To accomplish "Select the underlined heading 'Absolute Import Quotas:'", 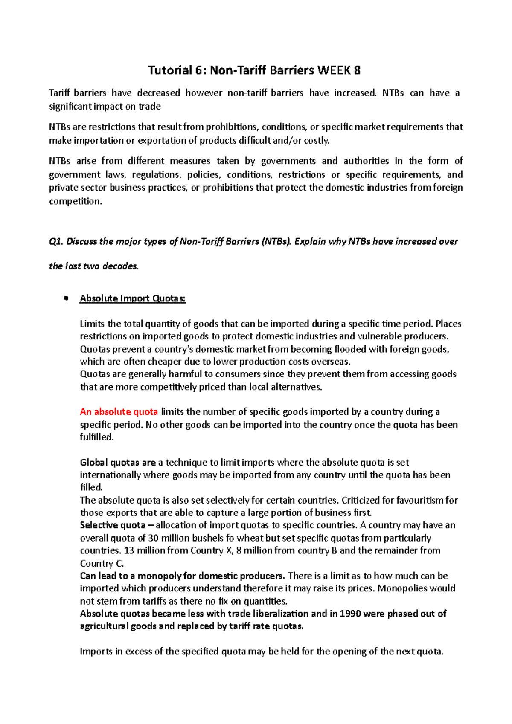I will (133, 298).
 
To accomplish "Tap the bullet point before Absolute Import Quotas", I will (66, 298).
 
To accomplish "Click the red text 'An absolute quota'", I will (119, 412).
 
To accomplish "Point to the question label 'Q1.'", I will (56, 242).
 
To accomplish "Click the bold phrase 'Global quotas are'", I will (118, 463).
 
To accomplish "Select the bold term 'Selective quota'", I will (113, 525).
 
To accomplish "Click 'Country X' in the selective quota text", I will (212, 550).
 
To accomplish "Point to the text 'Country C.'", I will (102, 563).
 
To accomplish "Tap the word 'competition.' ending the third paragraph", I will (76, 201).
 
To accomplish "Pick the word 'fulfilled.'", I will (97, 437).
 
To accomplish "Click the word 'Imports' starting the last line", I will (96, 652).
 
